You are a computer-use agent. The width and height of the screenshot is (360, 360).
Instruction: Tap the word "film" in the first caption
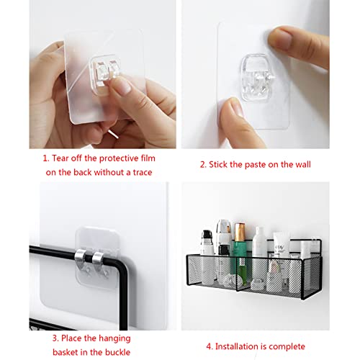(148, 158)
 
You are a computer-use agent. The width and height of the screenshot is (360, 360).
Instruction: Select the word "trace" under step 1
(143, 172)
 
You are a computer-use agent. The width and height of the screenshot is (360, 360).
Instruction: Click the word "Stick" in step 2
(218, 164)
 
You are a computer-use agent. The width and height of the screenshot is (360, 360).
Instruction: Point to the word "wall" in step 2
(303, 164)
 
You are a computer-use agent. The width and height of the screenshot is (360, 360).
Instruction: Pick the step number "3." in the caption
(55, 338)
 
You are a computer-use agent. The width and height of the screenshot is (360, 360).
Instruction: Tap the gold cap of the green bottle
(240, 233)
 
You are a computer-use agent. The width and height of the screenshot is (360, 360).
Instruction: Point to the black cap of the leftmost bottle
(207, 236)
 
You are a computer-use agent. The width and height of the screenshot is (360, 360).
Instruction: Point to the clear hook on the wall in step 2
(258, 77)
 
